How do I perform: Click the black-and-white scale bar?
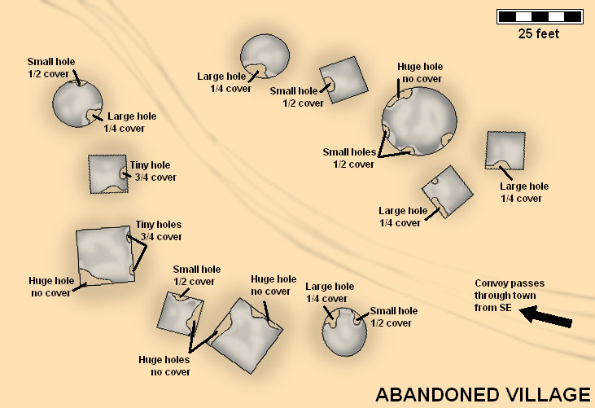coord(540,17)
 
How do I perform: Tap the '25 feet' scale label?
coord(539,33)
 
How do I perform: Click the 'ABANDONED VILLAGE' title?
coord(483,395)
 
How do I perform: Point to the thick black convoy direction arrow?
coord(545,317)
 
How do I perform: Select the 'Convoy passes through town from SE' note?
coord(510,296)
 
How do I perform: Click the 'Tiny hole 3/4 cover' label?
coord(153,171)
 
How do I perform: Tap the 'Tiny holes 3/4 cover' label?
coord(159,230)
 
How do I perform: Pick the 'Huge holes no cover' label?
coord(164,366)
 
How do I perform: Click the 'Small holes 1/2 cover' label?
coord(348,158)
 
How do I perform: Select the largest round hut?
coord(419,121)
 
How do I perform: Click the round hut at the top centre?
coord(265,56)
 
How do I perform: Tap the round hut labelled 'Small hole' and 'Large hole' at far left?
coord(77,103)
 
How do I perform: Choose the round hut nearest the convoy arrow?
coord(344,331)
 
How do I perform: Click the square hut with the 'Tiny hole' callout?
coord(108,174)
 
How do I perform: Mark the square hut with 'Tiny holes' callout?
coord(106,256)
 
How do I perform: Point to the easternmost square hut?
coord(505,151)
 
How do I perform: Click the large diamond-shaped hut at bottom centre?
coord(247,336)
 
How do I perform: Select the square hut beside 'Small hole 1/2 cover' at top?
coord(343,80)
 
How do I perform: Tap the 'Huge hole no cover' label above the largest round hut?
coord(420,72)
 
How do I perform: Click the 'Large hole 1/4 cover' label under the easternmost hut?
coord(524,192)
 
